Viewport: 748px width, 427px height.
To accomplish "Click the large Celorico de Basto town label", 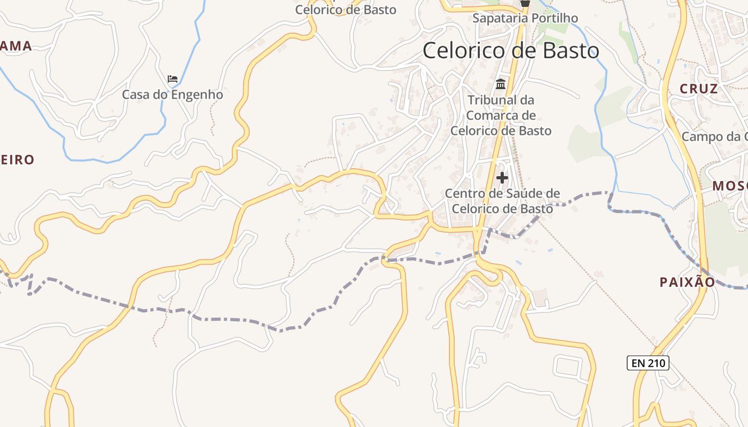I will [x=511, y=51].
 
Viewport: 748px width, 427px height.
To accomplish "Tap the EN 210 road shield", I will [x=648, y=363].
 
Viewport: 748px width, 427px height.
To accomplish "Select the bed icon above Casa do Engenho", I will [x=173, y=79].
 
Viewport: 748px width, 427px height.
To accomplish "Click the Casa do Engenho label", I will [x=172, y=95].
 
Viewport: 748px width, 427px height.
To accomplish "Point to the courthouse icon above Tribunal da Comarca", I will [x=501, y=84].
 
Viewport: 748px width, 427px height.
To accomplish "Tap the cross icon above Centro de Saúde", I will [x=502, y=177].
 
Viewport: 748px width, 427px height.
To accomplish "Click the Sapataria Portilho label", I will [x=525, y=18].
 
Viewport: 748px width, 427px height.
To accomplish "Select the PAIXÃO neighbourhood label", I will [x=687, y=282].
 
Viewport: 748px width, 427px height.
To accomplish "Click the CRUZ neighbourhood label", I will [x=698, y=89].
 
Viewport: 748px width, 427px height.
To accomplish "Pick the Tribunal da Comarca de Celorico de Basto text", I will [x=501, y=115].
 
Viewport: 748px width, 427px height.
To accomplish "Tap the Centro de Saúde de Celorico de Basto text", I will [x=502, y=201].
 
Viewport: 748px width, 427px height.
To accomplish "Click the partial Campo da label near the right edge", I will [x=714, y=137].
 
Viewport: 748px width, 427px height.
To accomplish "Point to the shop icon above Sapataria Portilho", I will [x=525, y=3].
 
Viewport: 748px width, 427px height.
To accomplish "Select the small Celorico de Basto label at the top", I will [x=346, y=10].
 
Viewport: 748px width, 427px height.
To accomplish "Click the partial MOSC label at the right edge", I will [x=730, y=186].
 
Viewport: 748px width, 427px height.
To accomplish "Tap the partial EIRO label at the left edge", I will [x=17, y=160].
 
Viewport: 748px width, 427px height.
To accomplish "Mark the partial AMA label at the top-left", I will [x=16, y=46].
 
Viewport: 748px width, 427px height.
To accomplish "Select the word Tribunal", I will [x=492, y=100].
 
